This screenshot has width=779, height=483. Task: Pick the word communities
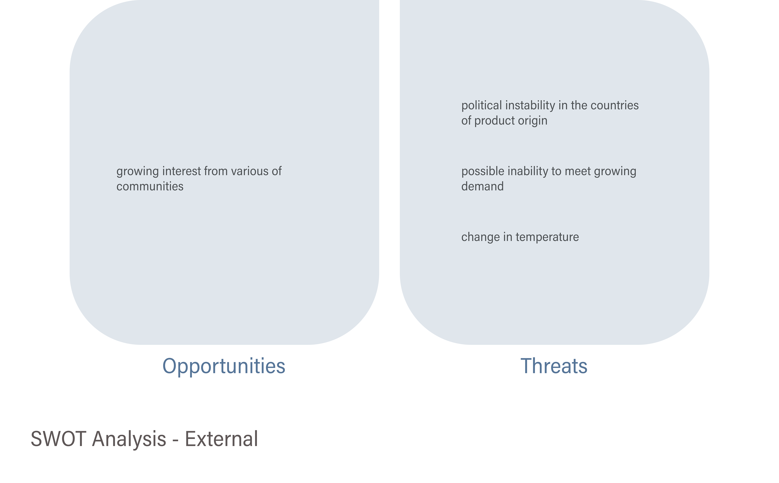[150, 186]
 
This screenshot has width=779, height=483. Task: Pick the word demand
[482, 186]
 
